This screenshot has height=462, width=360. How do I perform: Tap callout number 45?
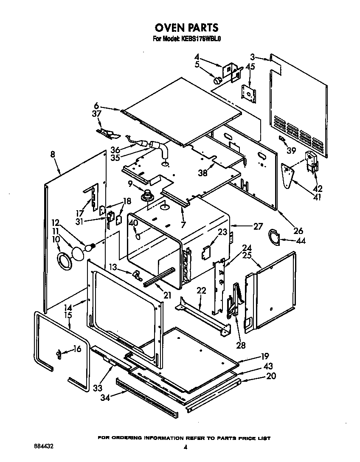point(250,67)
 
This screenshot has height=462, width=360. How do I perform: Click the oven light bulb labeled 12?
point(90,247)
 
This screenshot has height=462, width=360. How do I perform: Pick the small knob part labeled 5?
point(217,80)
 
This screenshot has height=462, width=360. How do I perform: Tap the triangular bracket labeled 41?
point(289,174)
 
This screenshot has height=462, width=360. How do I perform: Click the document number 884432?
point(44,447)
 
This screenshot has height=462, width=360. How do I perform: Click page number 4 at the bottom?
point(185,447)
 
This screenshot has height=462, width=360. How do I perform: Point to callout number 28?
point(241,345)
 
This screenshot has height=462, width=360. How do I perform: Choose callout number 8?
point(52,155)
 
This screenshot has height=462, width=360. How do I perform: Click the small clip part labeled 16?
point(59,354)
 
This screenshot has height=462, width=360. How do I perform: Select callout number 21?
point(167,295)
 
